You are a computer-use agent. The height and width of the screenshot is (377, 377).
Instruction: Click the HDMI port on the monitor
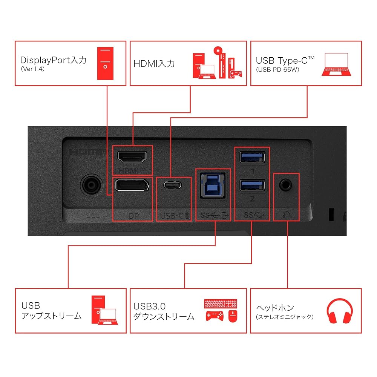[132, 157]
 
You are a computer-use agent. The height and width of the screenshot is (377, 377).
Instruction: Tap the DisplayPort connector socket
[132, 185]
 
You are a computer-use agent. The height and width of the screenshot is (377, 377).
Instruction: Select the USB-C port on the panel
[172, 185]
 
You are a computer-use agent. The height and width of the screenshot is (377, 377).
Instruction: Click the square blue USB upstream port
[213, 185]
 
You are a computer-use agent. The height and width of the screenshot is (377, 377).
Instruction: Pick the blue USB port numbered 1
[252, 157]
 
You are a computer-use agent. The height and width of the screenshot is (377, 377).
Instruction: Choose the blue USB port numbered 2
[252, 185]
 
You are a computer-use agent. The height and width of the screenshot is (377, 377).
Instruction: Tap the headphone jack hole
[286, 185]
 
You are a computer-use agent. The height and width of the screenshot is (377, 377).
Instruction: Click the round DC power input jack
[91, 185]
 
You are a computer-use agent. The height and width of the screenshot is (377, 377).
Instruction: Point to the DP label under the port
[134, 216]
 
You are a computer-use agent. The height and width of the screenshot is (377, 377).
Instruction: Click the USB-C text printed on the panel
[172, 216]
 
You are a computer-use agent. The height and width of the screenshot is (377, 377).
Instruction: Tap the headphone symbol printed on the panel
[287, 215]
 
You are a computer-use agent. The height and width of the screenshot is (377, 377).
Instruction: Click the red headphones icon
[340, 311]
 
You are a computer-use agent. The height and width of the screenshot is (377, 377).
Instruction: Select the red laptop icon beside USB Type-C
[336, 64]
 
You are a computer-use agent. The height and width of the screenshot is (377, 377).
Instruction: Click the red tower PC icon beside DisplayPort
[105, 63]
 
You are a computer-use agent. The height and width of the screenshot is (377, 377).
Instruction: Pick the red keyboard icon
[221, 303]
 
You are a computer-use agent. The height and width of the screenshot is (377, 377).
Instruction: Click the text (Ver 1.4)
[33, 69]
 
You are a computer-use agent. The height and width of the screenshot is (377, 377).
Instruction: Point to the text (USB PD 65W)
[277, 69]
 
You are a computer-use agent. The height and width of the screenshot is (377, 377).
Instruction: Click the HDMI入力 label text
[154, 64]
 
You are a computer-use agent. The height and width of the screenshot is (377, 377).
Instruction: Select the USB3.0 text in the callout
[149, 306]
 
